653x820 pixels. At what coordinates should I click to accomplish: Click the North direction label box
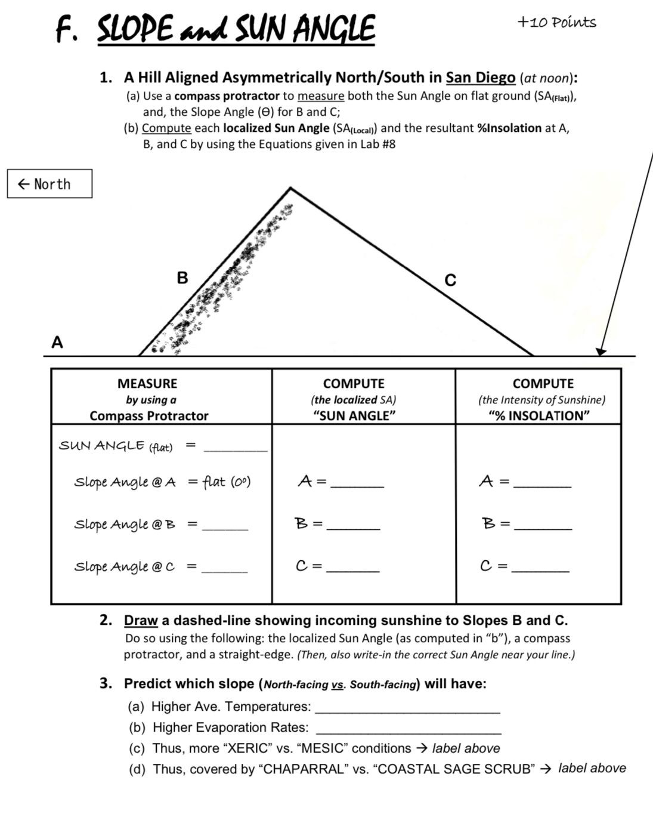pos(49,184)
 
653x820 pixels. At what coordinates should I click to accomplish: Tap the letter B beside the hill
pos(182,278)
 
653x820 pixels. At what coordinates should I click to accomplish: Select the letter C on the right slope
pos(450,280)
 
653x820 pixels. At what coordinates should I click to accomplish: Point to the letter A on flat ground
pos(57,342)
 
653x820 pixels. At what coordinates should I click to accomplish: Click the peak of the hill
pos(290,189)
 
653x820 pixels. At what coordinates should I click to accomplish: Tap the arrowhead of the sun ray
pos(601,352)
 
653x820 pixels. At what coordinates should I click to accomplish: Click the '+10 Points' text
pos(556,23)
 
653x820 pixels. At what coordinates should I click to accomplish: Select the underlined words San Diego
pos(480,78)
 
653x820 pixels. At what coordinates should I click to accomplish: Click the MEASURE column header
pos(147,384)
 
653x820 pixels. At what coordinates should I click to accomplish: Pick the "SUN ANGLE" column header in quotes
pos(354,416)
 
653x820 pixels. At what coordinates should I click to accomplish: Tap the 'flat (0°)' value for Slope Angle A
pos(227,481)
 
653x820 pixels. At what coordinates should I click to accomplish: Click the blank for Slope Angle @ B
pos(225,528)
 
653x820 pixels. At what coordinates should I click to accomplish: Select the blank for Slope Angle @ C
pos(225,570)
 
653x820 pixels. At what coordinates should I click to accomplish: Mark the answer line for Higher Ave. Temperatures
pos(407,711)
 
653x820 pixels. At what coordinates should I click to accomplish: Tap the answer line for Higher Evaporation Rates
pos(408,731)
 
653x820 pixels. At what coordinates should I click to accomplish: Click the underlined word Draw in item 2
pos(141,621)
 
